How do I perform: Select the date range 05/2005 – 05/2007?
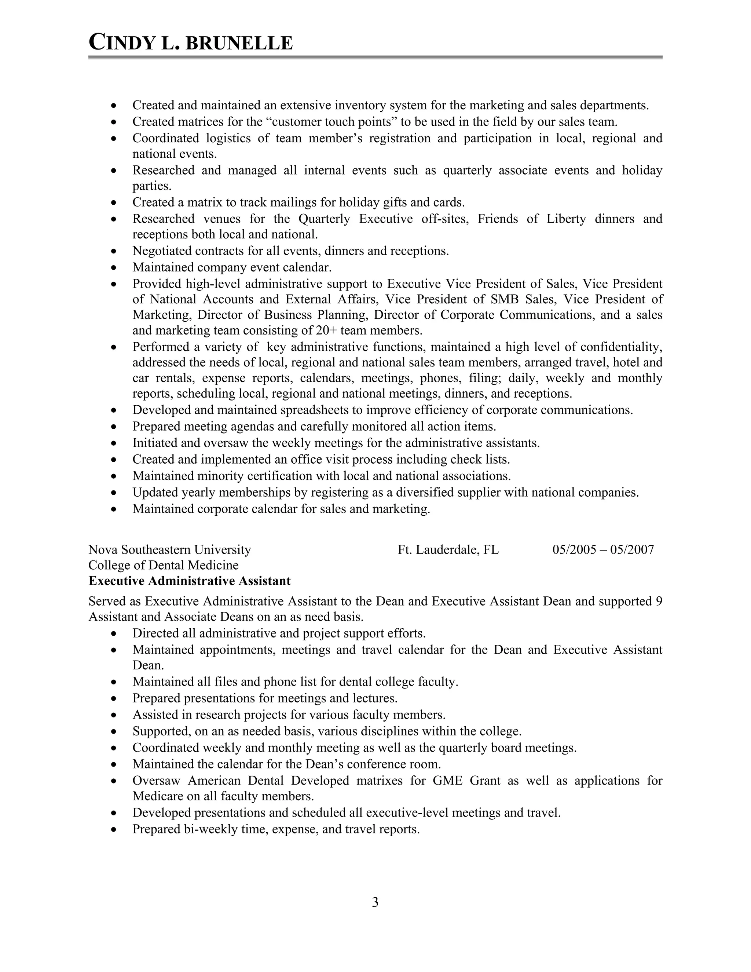pyautogui.click(x=603, y=550)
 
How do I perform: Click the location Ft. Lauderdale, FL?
pyautogui.click(x=448, y=550)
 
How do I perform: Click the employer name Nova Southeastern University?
pyautogui.click(x=169, y=550)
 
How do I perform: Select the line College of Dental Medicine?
pyautogui.click(x=163, y=565)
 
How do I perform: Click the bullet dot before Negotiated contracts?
pyautogui.click(x=115, y=252)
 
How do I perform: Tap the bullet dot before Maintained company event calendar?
pyautogui.click(x=115, y=268)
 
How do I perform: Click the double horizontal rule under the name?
pyautogui.click(x=375, y=58)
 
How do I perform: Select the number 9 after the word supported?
pyautogui.click(x=659, y=601)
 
